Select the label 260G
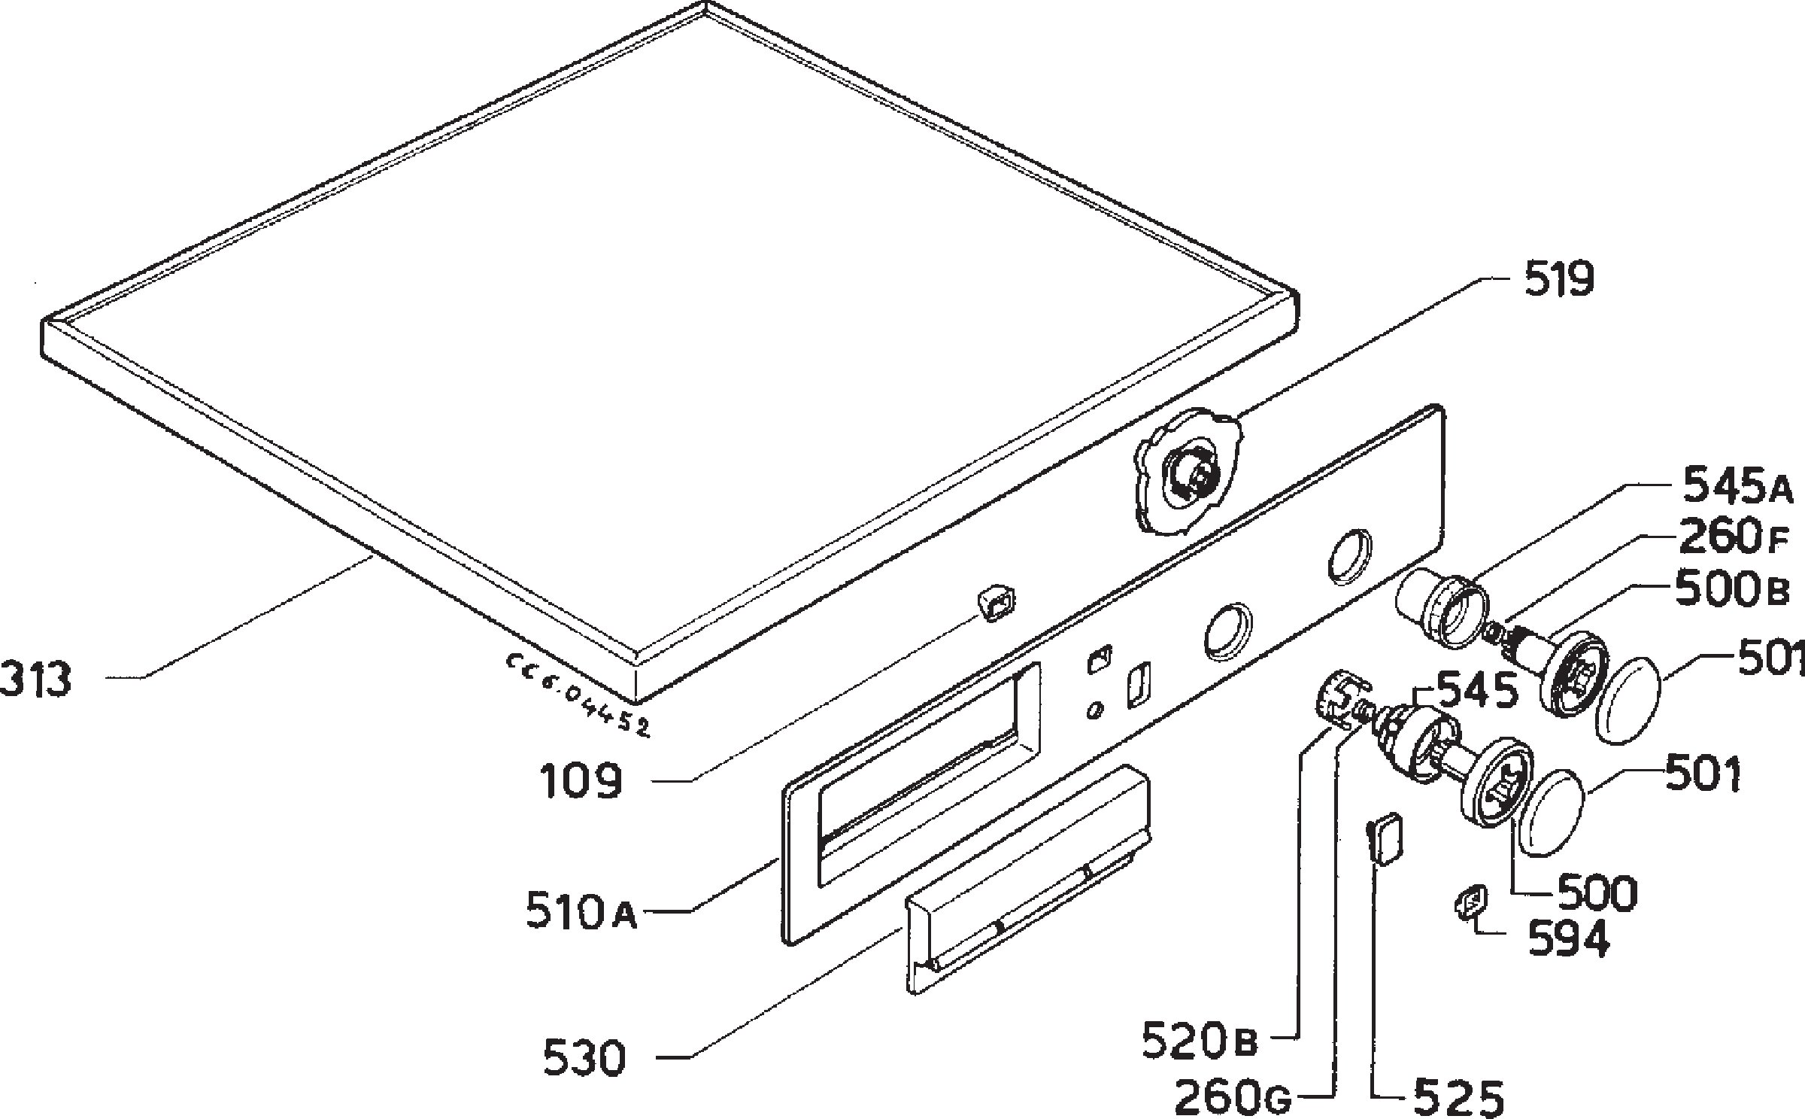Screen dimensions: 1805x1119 point(1232,1097)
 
